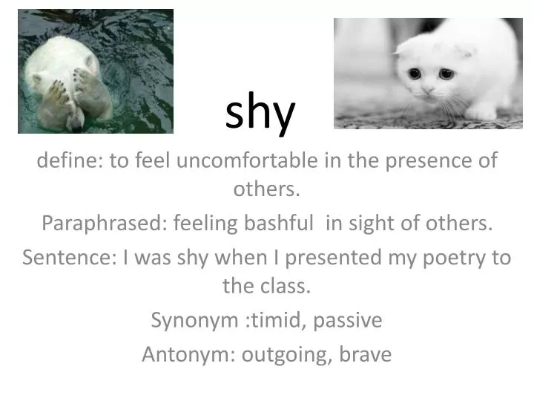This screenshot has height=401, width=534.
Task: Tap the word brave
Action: pos(365,354)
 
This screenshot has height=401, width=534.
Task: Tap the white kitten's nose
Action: pos(428,89)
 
